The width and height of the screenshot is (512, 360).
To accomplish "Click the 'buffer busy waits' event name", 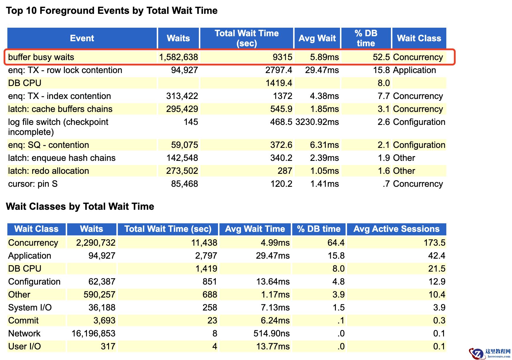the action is pyautogui.click(x=41, y=57).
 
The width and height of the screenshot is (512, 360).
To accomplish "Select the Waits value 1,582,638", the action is pyautogui.click(x=179, y=57).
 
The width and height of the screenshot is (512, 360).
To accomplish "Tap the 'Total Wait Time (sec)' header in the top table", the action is pyautogui.click(x=247, y=38).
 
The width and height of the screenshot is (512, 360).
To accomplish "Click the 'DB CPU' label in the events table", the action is pyautogui.click(x=25, y=83).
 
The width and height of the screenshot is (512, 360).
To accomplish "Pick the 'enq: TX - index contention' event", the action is pyautogui.click(x=60, y=96).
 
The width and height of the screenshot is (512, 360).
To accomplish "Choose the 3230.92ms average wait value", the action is pyautogui.click(x=317, y=122).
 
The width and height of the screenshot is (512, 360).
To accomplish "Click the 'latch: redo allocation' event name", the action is pyautogui.click(x=49, y=171).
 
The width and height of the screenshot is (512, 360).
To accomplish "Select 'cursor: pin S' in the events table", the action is pyautogui.click(x=33, y=184).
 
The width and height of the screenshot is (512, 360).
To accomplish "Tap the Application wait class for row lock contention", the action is pyautogui.click(x=414, y=70).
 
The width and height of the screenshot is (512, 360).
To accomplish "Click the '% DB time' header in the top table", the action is pyautogui.click(x=366, y=38).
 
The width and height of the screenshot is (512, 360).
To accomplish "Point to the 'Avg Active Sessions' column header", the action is pyautogui.click(x=397, y=229).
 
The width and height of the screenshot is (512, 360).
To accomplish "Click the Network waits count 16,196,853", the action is pyautogui.click(x=93, y=333).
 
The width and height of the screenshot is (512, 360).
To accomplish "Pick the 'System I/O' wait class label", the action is pyautogui.click(x=30, y=308).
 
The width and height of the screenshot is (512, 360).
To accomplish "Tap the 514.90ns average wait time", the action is pyautogui.click(x=272, y=333).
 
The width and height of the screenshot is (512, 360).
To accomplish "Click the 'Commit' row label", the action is pyautogui.click(x=24, y=321).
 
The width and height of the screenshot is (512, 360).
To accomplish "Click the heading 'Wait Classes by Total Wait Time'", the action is pyautogui.click(x=80, y=207).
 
